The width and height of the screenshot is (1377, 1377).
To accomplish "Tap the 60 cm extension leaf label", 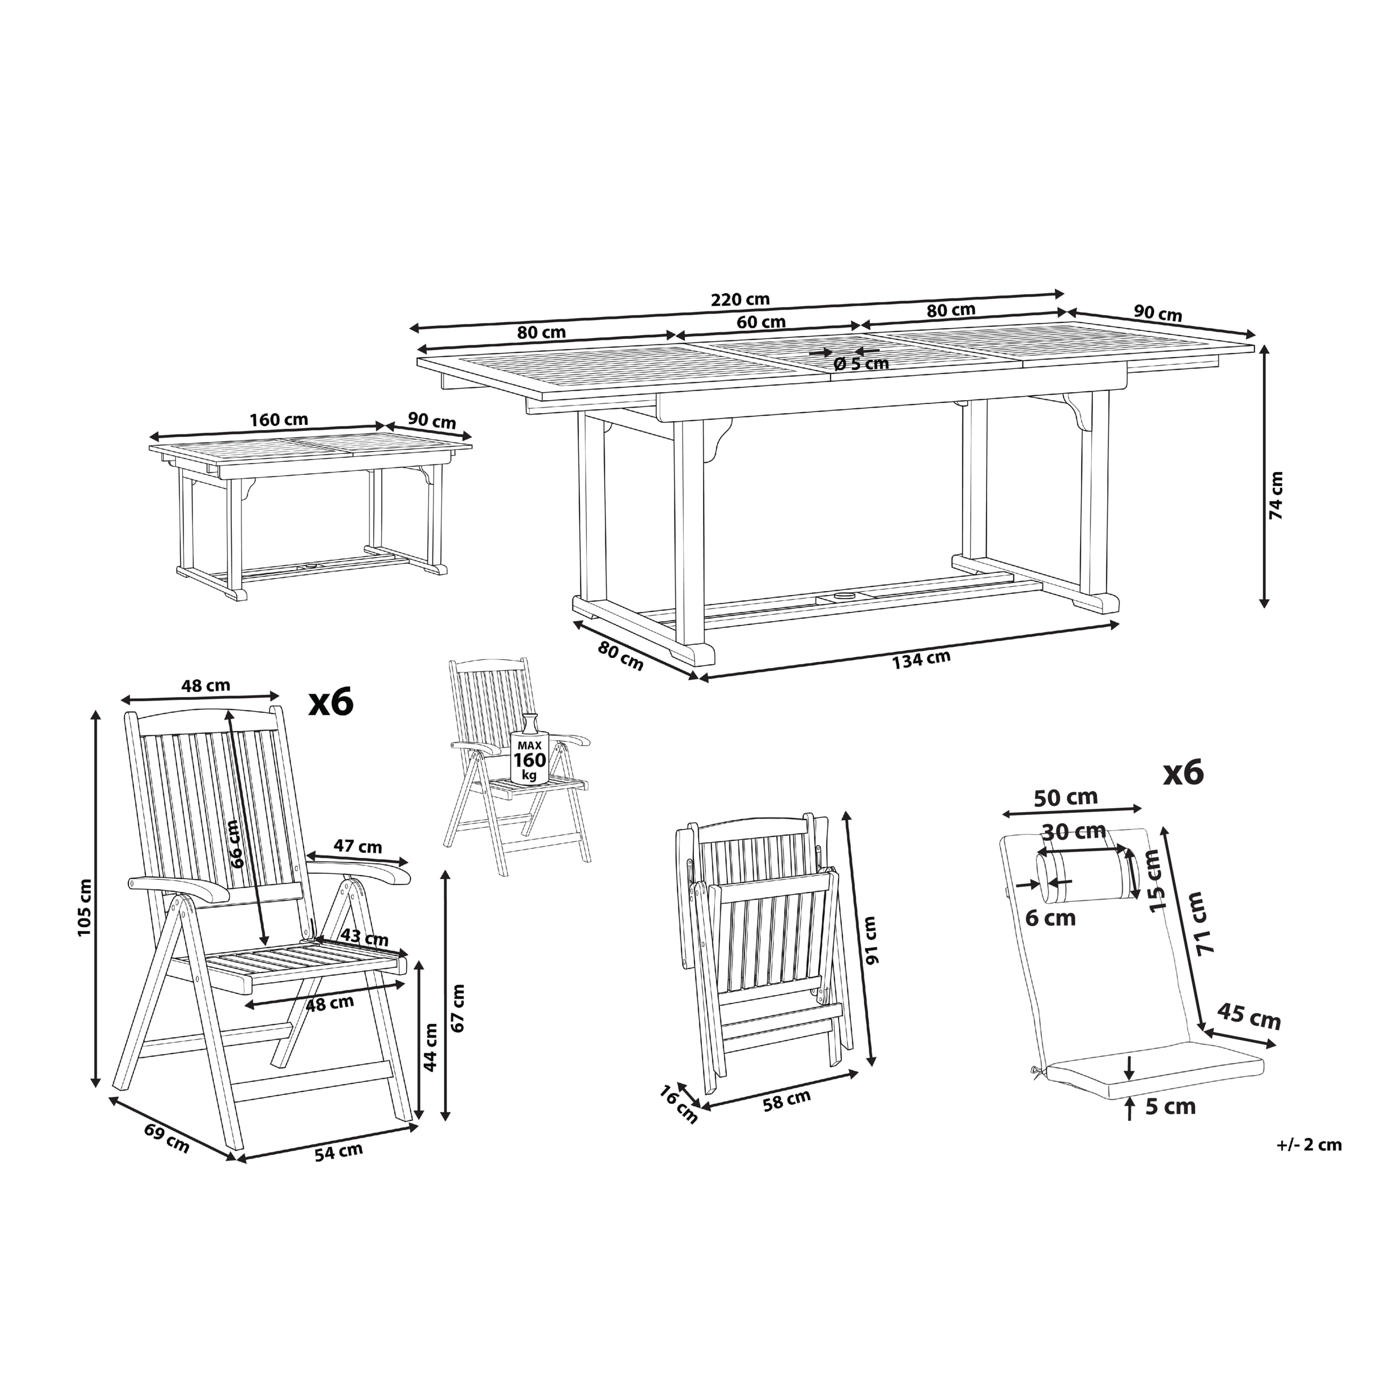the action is click(x=761, y=322).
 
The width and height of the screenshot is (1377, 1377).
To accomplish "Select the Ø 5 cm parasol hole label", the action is click(x=861, y=364).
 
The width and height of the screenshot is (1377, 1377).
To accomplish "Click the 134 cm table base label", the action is click(x=921, y=659).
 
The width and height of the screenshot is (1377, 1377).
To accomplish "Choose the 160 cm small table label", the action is click(x=279, y=418).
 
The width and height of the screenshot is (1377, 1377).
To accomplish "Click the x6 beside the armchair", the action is click(x=331, y=703).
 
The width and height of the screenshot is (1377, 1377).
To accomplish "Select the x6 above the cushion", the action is click(x=1183, y=772).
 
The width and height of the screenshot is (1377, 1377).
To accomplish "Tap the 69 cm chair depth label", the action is click(x=167, y=1138).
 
